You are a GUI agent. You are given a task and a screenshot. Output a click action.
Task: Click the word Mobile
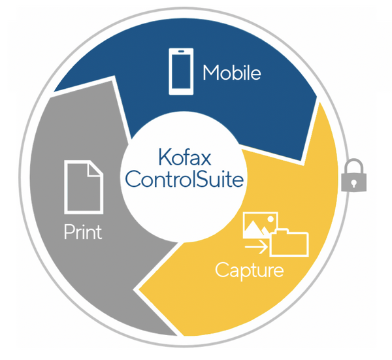232,73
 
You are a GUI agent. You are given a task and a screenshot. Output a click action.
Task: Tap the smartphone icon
181,71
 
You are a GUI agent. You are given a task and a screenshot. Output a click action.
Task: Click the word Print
83,232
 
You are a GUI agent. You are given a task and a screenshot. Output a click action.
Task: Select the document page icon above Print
84,187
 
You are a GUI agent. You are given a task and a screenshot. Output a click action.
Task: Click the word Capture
250,270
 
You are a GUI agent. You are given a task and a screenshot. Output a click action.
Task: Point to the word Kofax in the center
185,157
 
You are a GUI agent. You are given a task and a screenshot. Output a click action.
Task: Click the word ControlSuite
184,179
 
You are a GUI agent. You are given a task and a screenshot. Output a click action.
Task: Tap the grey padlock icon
353,175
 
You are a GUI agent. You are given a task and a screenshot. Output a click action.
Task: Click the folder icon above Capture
289,242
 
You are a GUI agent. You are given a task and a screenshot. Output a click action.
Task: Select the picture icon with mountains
260,225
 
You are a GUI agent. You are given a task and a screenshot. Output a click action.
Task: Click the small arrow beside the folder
257,247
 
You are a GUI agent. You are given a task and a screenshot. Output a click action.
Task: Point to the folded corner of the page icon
95,169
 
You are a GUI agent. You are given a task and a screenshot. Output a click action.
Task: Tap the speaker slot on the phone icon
181,52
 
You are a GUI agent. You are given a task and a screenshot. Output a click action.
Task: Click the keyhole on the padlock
353,183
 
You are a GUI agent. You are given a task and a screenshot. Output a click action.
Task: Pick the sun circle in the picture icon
270,220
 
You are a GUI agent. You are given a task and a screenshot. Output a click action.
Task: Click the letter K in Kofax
165,157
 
